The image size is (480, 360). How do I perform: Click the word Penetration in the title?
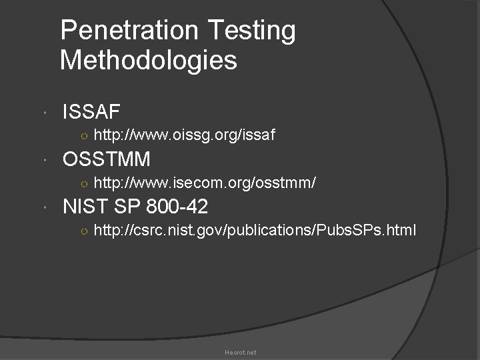(126, 30)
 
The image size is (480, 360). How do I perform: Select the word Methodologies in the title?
(148, 61)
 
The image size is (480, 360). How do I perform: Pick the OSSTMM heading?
(106, 159)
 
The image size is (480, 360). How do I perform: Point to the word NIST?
(87, 207)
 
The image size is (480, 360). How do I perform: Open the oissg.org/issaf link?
(185, 136)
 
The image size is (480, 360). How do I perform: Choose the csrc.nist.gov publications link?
(255, 231)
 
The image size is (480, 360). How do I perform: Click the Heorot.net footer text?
(240, 352)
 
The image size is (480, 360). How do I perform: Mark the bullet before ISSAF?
(43, 112)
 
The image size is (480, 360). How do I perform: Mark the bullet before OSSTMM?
(43, 160)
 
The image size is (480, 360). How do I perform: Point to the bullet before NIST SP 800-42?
(43, 208)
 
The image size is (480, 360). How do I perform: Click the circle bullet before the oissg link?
(81, 137)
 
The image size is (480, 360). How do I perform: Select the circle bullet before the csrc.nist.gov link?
(81, 232)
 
